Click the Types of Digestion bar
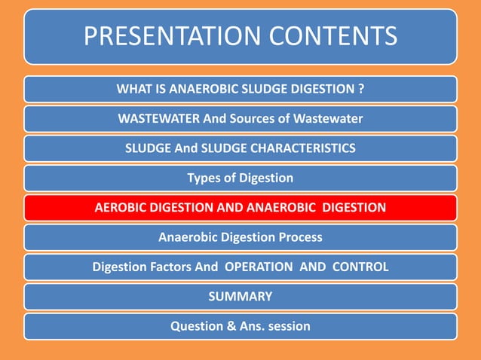[x=240, y=178]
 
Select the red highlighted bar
[x=240, y=207]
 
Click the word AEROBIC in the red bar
[x=122, y=207]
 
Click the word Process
[x=298, y=237]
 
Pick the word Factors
[x=171, y=267]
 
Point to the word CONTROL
[x=360, y=267]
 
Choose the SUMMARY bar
[x=240, y=297]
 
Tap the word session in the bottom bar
[x=288, y=326]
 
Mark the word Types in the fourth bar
[x=204, y=178]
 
